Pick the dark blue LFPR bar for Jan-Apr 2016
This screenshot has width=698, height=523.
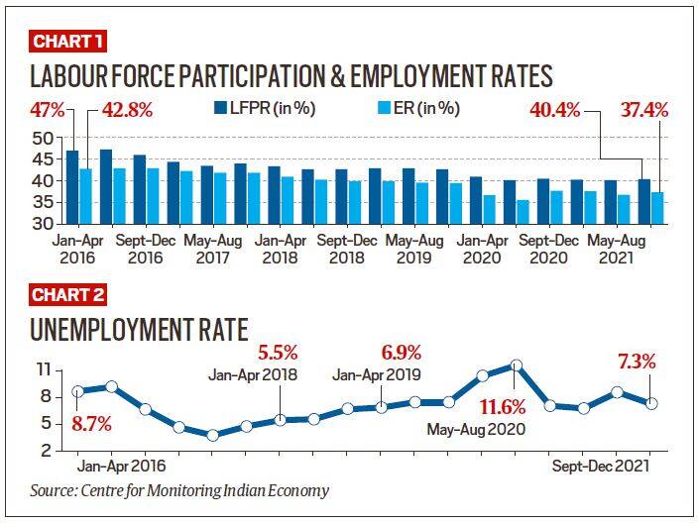tap(72, 187)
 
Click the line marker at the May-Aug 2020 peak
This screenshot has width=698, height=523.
tap(516, 366)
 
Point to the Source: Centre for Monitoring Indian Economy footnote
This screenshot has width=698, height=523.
tap(178, 490)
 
